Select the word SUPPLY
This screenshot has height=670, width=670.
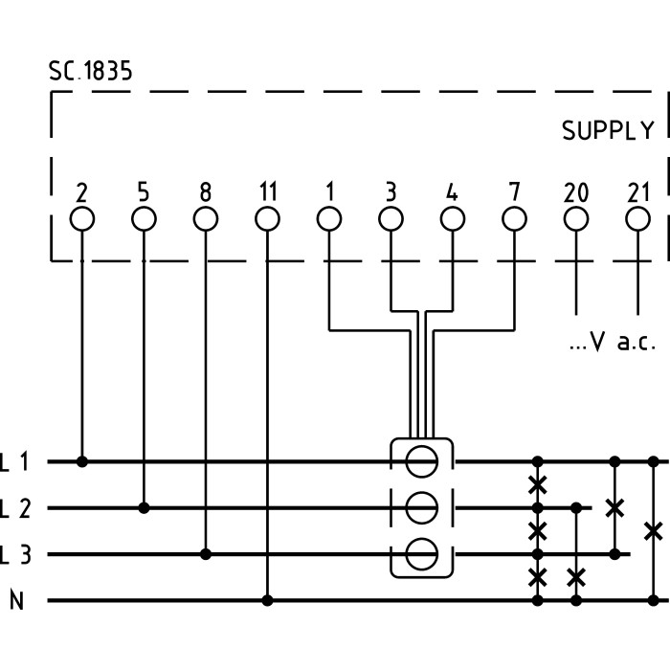(608, 131)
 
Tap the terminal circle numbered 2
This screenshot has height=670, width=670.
(82, 219)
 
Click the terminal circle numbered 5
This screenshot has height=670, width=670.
(144, 219)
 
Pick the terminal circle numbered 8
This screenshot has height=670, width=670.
(206, 219)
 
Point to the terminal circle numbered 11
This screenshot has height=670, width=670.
(267, 219)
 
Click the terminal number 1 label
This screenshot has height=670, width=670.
(329, 192)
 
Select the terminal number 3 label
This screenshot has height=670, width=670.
(391, 192)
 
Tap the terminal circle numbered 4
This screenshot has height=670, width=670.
(452, 219)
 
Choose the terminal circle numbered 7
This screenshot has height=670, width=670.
(514, 219)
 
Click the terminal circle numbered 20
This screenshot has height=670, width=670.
(575, 219)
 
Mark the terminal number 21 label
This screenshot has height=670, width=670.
(637, 192)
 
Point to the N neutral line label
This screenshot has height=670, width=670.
(16, 601)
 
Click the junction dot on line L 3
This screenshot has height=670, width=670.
(206, 554)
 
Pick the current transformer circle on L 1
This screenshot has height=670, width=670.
(421, 461)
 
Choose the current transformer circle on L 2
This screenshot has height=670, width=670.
(421, 507)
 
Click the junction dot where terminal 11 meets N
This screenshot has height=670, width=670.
(267, 601)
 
